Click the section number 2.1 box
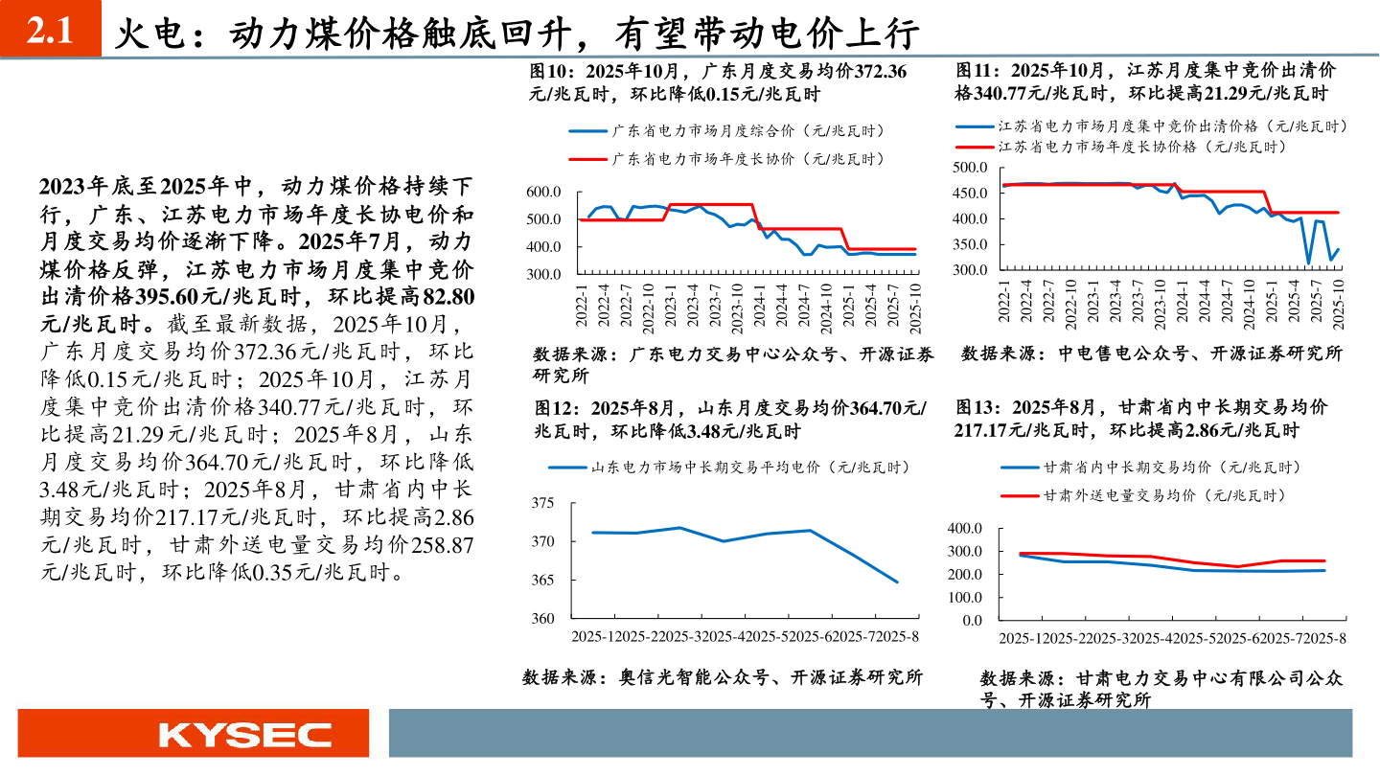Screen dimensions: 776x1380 pos(50,33)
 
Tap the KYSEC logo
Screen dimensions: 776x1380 pos(245,735)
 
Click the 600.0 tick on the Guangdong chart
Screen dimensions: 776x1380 pos(543,193)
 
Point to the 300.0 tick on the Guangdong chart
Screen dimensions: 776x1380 pos(543,275)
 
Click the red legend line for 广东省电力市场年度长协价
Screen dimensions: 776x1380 pos(588,159)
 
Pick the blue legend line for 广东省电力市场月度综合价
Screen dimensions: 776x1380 pos(588,131)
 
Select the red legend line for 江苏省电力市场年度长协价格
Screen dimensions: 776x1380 pos(976,147)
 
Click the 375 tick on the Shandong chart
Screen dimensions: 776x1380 pos(541,504)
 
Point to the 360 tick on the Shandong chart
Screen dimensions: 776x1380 pos(541,619)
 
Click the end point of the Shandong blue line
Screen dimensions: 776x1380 pos(898,582)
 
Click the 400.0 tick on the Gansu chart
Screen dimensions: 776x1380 pos(965,529)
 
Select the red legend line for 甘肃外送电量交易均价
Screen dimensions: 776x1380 pos(1020,496)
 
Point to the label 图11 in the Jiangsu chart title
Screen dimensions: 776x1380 pos(977,70)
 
